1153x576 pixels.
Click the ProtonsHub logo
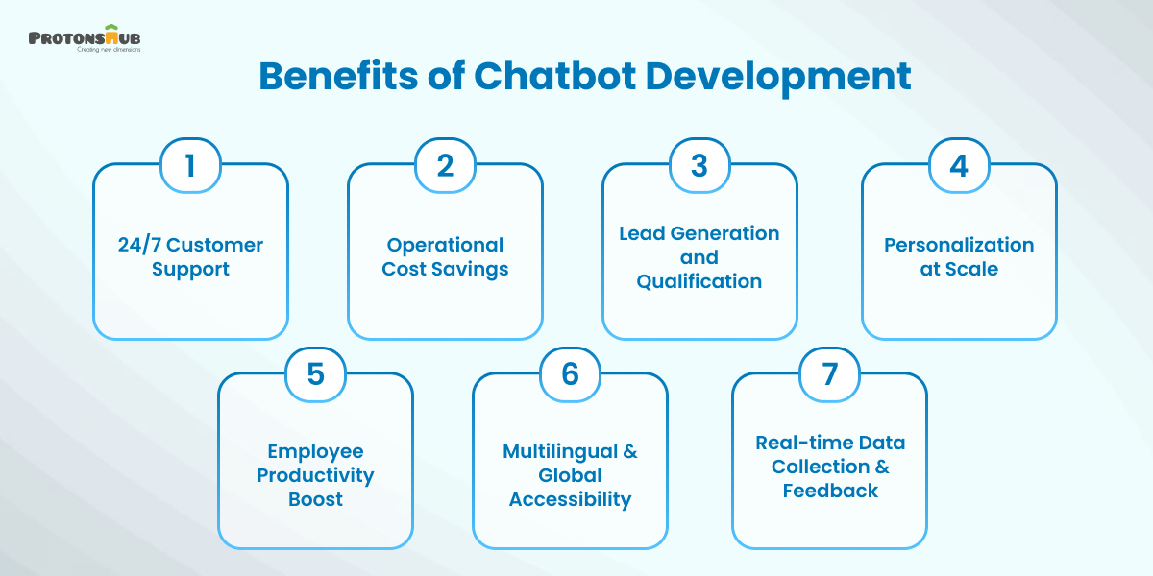[x=86, y=38]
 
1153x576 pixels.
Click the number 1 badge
[x=190, y=165]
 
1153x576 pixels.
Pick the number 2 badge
[x=445, y=165]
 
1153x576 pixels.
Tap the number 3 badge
[x=699, y=165]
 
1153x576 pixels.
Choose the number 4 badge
[x=959, y=165]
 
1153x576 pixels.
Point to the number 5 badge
[x=315, y=374]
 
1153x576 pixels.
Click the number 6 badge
[x=570, y=374]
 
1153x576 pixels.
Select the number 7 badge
[x=829, y=374]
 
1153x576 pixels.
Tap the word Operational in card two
[x=445, y=245]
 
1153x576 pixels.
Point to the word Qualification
[x=699, y=281]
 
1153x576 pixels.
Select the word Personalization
[x=959, y=245]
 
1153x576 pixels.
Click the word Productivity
[x=315, y=475]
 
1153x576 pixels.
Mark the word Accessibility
[x=570, y=499]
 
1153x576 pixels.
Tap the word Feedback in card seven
[x=830, y=491]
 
